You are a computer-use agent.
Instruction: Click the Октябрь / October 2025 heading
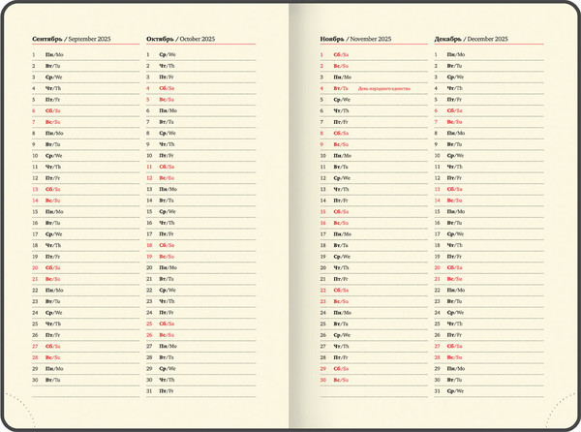[x=181, y=39]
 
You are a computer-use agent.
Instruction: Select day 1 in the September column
[x=34, y=54]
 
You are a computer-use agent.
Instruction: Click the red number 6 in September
[x=34, y=110]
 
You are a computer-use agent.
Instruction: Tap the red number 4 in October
[x=148, y=88]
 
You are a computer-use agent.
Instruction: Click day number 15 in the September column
[x=35, y=211]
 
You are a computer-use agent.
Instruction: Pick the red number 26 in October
[x=149, y=335]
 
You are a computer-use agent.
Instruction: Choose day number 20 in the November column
[x=322, y=267]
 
